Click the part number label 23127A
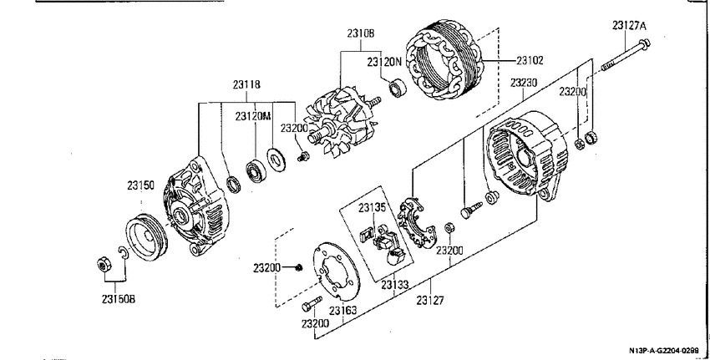[x=630, y=25]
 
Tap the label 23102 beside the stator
[x=530, y=60]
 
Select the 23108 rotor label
[x=361, y=33]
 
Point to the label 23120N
[x=384, y=62]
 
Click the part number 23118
[x=246, y=84]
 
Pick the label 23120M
[x=252, y=116]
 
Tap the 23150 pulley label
[x=140, y=185]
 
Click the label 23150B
[x=118, y=299]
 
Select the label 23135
[x=373, y=208]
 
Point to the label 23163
[x=342, y=311]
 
